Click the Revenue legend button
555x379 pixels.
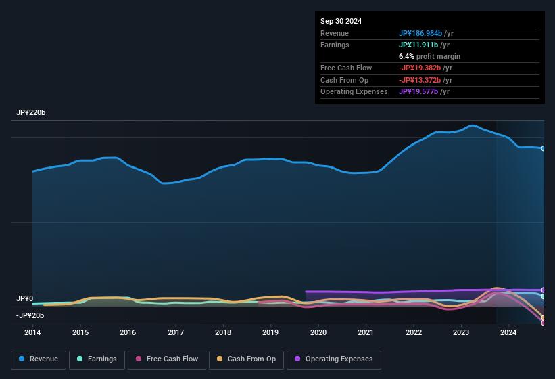[39, 359]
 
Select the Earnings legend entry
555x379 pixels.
[97, 359]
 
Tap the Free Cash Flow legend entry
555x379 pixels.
[167, 359]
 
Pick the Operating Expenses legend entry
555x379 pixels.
[334, 359]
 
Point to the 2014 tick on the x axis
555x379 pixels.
[32, 332]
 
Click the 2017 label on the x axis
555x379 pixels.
[176, 332]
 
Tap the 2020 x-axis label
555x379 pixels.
[318, 332]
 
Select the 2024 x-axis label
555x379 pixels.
[508, 332]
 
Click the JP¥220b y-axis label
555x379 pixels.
[30, 113]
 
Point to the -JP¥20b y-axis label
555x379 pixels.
[30, 315]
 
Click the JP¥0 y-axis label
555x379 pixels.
[25, 298]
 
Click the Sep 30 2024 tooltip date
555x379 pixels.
[341, 21]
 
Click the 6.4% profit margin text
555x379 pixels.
[429, 56]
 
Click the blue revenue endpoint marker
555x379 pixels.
[544, 148]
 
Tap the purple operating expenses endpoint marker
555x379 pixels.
[544, 290]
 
